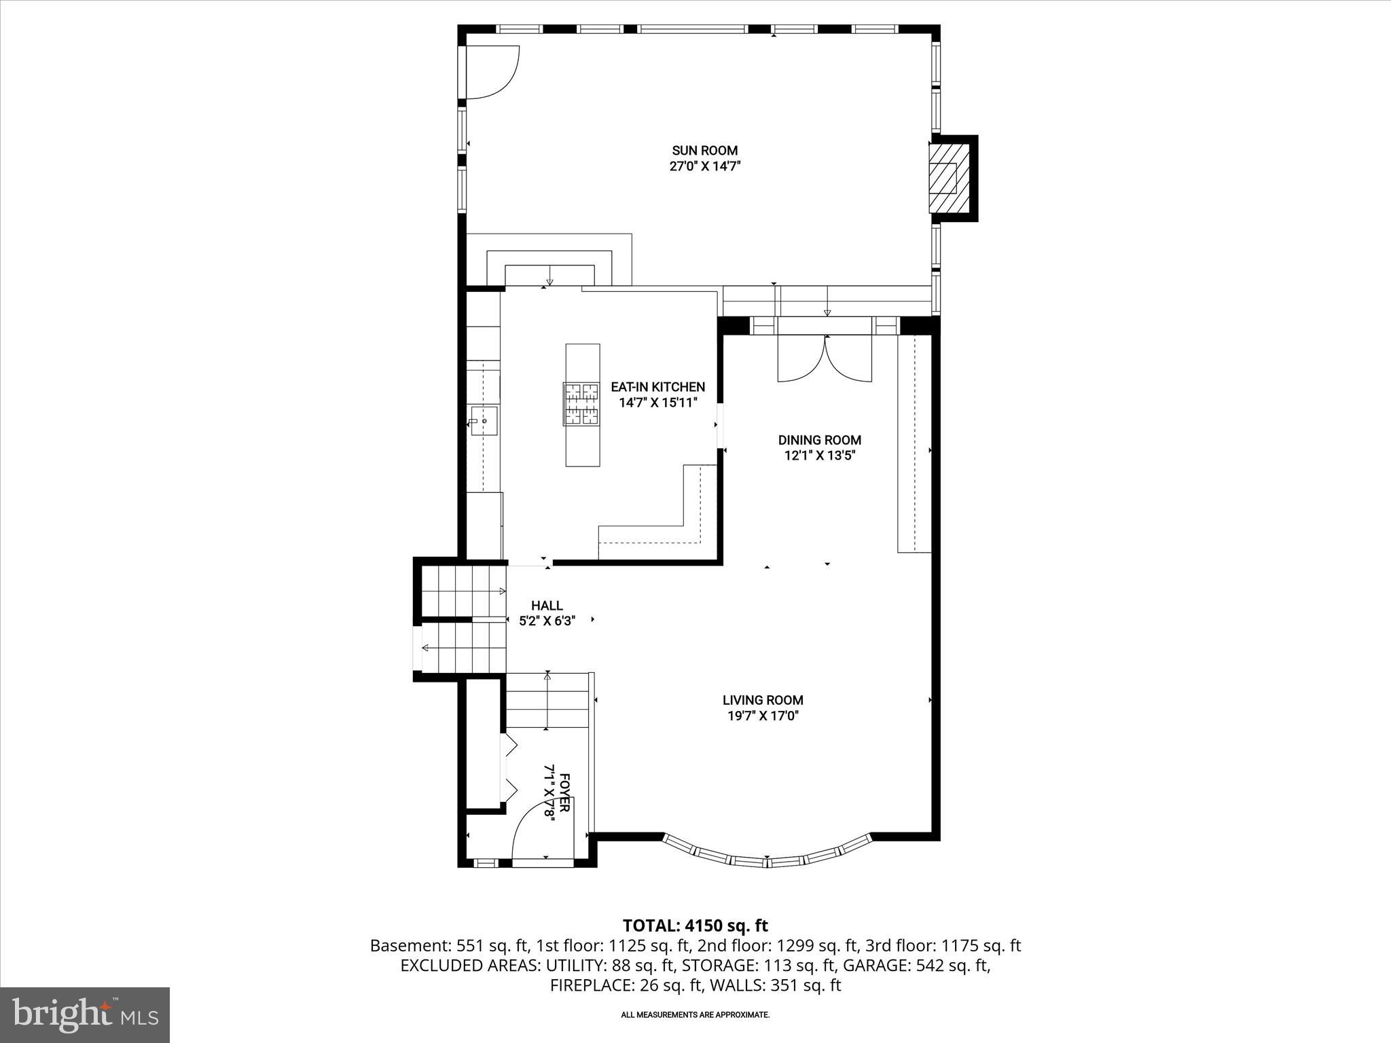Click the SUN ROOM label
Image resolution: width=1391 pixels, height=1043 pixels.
point(704,151)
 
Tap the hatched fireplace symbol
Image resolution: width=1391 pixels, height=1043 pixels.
point(943,179)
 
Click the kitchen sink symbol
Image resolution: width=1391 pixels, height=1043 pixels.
point(484,421)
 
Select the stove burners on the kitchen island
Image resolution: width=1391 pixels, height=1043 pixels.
point(582,404)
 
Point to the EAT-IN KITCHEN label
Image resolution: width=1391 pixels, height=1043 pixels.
point(657,387)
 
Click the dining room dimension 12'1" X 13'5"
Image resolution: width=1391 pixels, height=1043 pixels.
point(819,456)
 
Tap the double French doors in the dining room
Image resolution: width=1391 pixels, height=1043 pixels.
point(825,360)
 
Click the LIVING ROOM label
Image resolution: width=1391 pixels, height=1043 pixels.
point(763,700)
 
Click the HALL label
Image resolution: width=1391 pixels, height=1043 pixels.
point(547,606)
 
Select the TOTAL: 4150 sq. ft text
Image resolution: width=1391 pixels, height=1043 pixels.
point(695,926)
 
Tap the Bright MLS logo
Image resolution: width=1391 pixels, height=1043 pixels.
point(85,1014)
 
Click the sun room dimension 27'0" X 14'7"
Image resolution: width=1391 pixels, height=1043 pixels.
point(704,167)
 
